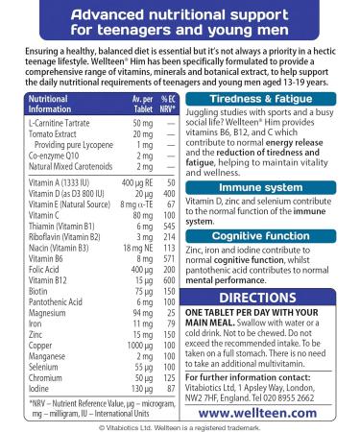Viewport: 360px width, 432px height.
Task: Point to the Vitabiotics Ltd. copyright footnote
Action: (x=180, y=426)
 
